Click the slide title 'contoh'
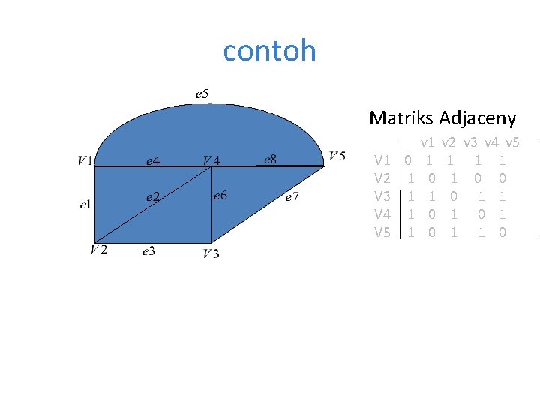coord(269,51)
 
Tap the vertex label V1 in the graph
coord(85,160)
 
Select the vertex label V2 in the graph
coord(98,249)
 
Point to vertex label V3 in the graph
coord(211,253)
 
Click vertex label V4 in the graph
coord(211,160)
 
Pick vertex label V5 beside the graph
coord(337,156)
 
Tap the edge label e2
coord(152,196)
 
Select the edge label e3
coord(149,251)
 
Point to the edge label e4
coord(152,160)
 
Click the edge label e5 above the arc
coord(202,94)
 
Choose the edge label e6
coord(220,196)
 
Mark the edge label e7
coord(292,198)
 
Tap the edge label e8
coord(271,159)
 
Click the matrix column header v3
coord(471,142)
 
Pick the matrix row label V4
coord(382,214)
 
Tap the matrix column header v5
coord(513,142)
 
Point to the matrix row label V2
coord(382,178)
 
